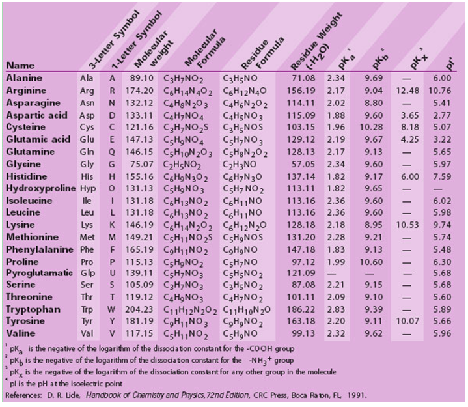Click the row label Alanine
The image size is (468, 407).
[x=24, y=78]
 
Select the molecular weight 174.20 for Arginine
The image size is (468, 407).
[x=139, y=91]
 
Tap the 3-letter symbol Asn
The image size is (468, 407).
[x=87, y=103]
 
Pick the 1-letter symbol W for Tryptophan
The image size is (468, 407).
[x=111, y=309]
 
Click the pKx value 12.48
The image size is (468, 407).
[x=407, y=91]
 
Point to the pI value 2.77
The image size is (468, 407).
[x=442, y=115]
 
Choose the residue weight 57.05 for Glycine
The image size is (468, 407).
[x=303, y=164]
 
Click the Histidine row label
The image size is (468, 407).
[x=27, y=176]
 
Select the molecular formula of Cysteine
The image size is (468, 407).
[x=186, y=128]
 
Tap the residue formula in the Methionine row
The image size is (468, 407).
[x=243, y=238]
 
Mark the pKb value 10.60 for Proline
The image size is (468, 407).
[x=371, y=262]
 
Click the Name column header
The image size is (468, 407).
[x=20, y=65]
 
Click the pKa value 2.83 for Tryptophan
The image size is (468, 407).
[x=336, y=309]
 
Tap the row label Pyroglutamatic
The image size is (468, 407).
[x=40, y=273]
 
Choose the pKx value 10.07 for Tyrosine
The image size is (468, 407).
[x=407, y=321]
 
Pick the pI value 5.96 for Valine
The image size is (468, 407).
[x=442, y=333]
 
